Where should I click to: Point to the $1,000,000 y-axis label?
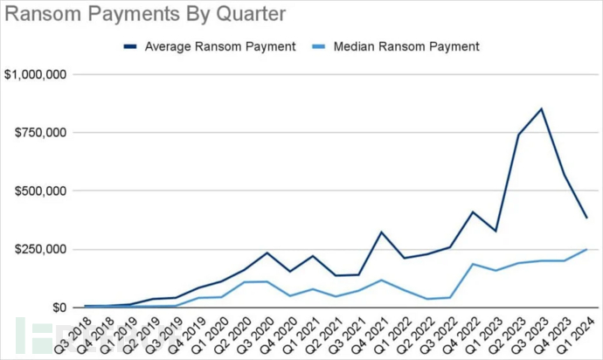[36, 75]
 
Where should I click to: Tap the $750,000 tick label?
[40, 133]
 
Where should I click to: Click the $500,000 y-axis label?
[40, 191]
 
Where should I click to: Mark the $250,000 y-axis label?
[40, 249]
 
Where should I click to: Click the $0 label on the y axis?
[58, 308]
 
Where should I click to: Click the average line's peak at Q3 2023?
[541, 109]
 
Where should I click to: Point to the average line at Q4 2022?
[473, 212]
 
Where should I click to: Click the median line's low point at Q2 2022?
[427, 299]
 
